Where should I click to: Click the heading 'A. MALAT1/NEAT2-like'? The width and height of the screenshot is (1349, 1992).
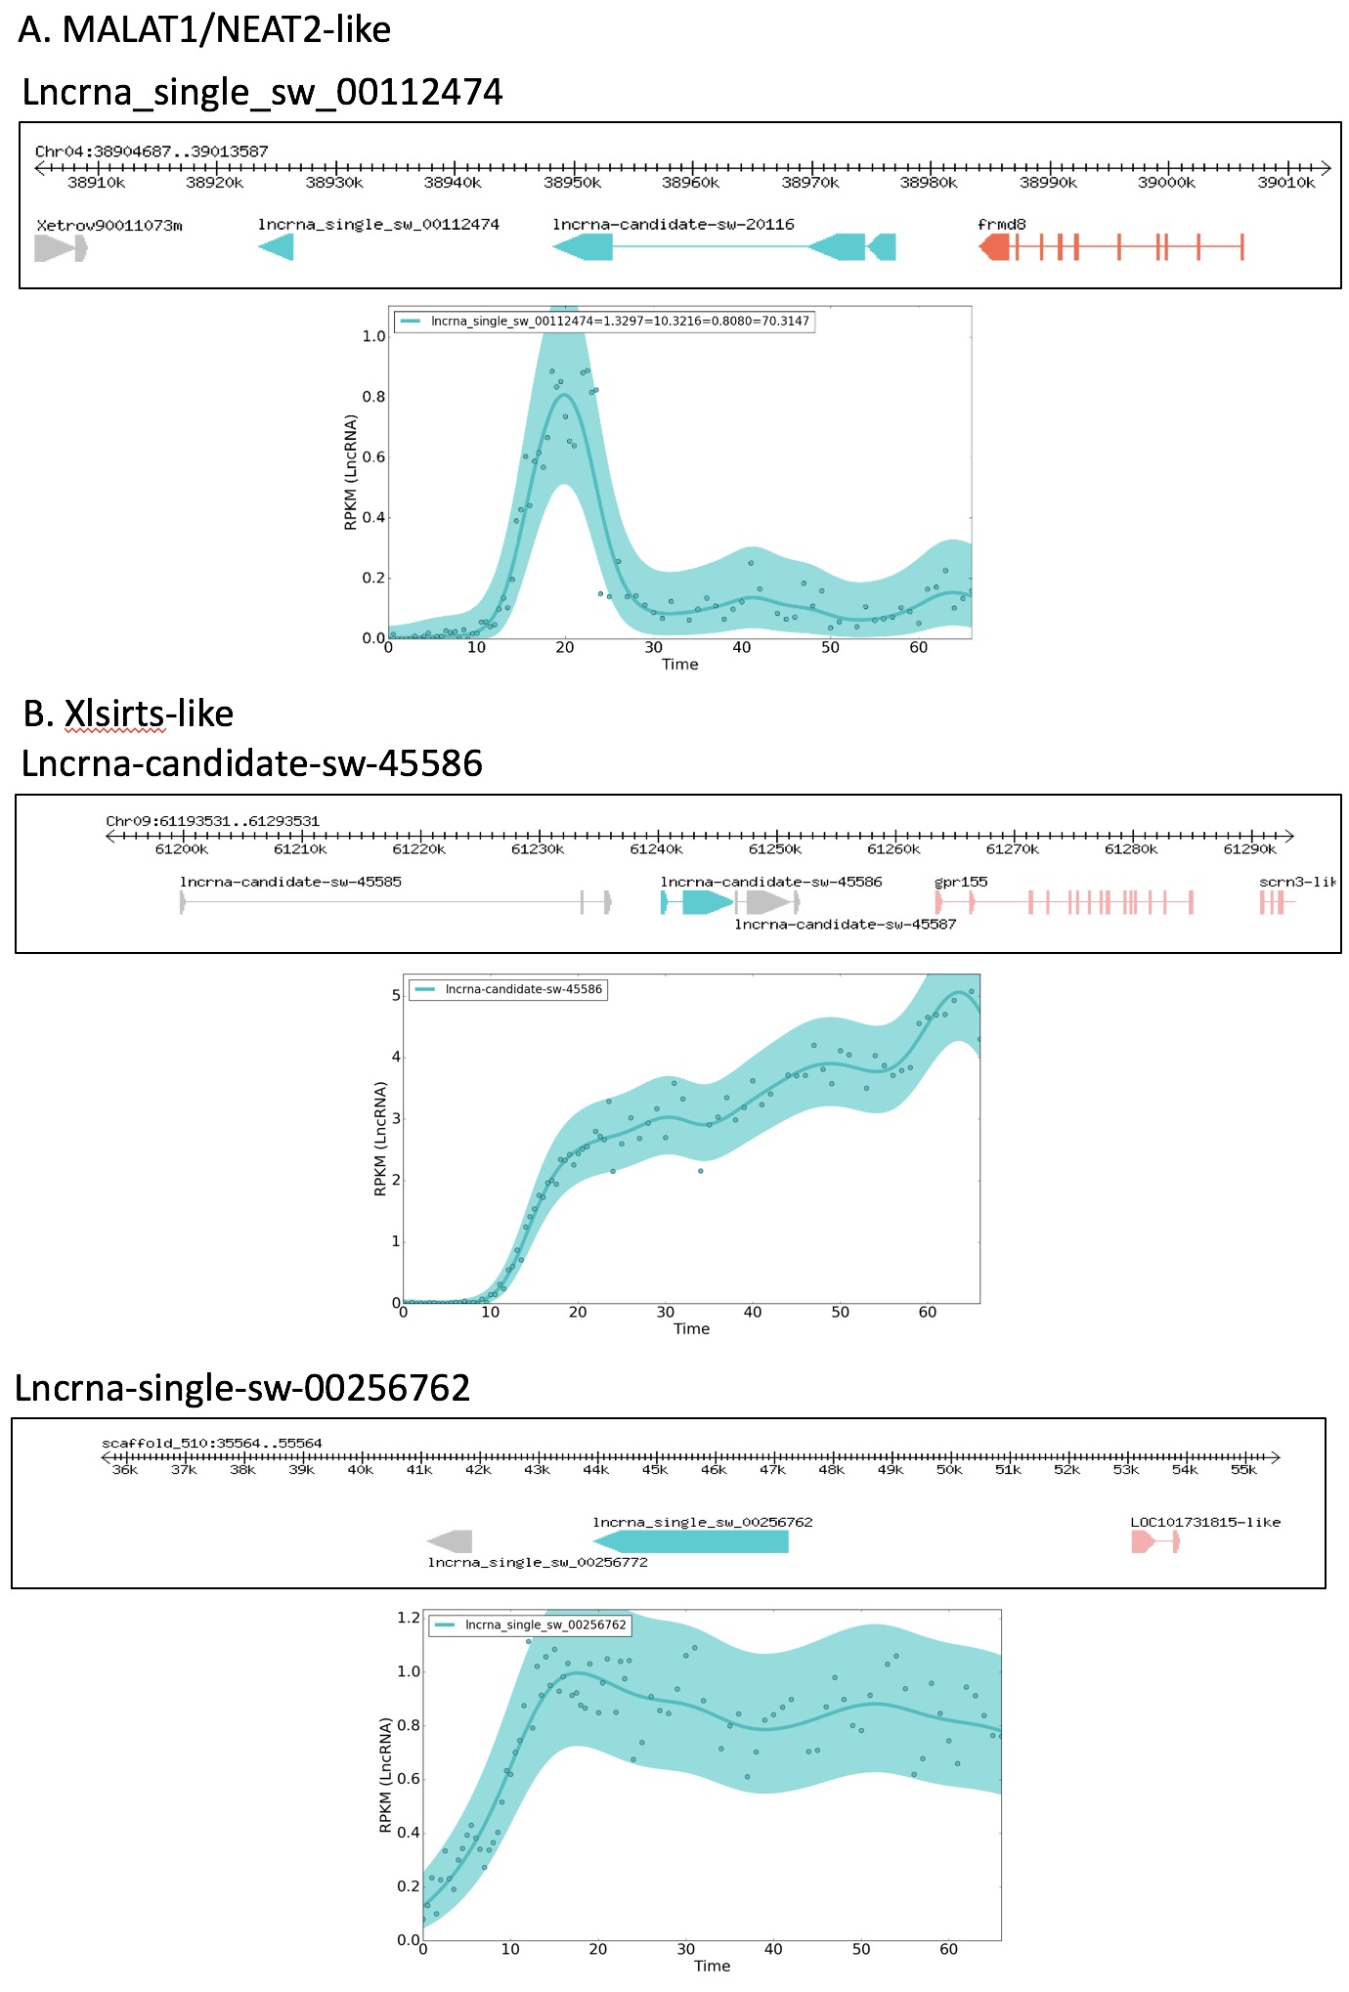(204, 29)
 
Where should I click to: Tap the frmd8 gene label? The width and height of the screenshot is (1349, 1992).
(1001, 224)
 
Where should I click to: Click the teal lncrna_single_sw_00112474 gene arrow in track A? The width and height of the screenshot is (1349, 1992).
(276, 247)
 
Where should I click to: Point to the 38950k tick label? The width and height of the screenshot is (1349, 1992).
(572, 183)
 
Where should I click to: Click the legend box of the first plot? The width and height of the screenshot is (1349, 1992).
(604, 321)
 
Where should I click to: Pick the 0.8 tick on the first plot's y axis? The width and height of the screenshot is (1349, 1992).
(373, 397)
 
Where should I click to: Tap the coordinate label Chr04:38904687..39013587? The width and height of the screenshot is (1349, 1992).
(152, 152)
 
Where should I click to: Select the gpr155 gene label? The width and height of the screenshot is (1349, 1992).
(961, 882)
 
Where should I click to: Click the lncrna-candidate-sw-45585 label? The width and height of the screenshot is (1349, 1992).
(290, 882)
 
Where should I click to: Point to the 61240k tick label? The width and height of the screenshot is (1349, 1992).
(656, 849)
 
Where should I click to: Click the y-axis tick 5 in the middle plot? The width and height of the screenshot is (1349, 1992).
(396, 995)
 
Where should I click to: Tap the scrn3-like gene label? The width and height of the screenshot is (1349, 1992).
(1297, 882)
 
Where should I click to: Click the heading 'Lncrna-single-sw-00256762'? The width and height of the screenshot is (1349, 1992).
(242, 1387)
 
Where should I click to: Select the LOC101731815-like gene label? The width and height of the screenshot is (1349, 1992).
(1204, 1522)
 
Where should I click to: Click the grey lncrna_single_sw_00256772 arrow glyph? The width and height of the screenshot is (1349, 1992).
(450, 1541)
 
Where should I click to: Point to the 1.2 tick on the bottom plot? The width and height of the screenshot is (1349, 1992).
(409, 1618)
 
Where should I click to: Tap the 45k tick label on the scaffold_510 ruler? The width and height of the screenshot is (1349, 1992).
(655, 1470)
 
